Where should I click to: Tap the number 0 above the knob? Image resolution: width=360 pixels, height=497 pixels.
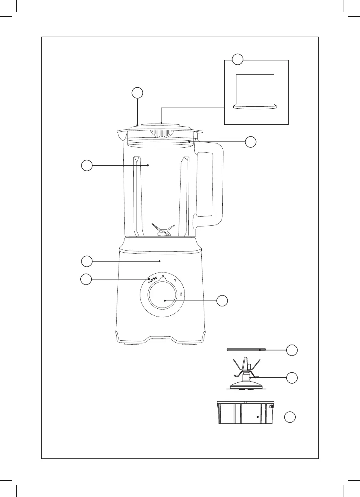tap(163, 276)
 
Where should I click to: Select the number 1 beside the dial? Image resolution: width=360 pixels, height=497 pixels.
tap(176, 281)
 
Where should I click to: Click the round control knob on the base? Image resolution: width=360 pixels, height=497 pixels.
tap(165, 301)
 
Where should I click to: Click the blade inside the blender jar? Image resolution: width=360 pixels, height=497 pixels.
tap(161, 230)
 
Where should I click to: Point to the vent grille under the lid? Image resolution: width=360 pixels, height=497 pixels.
tap(163, 133)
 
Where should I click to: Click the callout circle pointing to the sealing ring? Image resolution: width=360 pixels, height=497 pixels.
tap(292, 350)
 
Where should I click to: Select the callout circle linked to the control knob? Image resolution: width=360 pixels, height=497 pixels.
tap(222, 301)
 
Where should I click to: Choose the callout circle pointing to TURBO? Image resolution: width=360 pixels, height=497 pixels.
tap(86, 279)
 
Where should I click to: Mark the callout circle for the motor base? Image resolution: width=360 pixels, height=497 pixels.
tap(87, 260)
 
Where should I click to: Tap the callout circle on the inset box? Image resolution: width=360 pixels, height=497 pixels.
tap(238, 60)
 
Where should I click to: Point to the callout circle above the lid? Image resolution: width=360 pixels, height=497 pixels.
tap(137, 93)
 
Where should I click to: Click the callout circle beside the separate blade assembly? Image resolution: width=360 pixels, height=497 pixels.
tap(292, 377)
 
